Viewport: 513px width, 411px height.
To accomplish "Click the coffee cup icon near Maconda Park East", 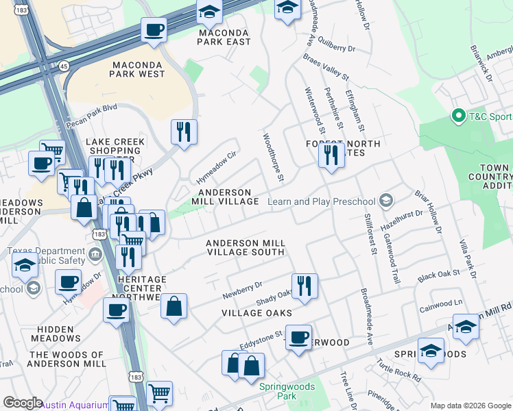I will coord(154,30).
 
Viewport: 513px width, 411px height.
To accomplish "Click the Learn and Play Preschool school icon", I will coord(387,201).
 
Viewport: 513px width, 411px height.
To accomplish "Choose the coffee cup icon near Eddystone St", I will coord(298,338).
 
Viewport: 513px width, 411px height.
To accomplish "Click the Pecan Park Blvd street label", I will coord(92,116).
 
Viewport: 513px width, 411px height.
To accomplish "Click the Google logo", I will coord(23,403).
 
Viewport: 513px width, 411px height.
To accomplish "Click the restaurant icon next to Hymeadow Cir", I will coord(183,131).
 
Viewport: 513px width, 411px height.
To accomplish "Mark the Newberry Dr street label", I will coord(242,290).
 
